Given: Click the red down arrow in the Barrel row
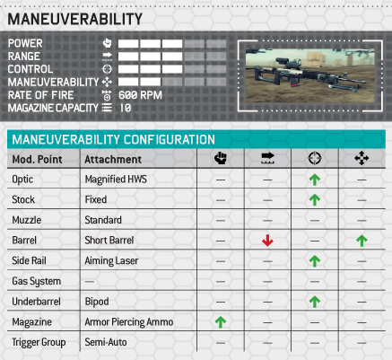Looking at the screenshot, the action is click(x=267, y=241).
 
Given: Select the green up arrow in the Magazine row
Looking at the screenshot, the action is click(x=221, y=322).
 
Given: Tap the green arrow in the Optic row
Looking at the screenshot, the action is click(x=315, y=180).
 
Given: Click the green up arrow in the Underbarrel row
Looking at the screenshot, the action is click(x=315, y=302).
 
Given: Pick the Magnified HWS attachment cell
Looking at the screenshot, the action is click(x=116, y=180).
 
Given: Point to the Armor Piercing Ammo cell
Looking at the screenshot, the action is click(x=129, y=322).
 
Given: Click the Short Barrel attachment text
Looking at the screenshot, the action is click(x=109, y=241).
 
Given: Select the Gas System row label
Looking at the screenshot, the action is click(x=36, y=281).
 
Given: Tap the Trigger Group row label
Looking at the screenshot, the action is click(x=39, y=342).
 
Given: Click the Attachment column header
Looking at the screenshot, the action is click(x=113, y=159).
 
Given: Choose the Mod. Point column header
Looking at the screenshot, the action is click(x=37, y=159).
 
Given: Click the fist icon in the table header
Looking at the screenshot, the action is click(x=221, y=158).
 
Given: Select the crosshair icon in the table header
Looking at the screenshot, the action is click(x=315, y=158).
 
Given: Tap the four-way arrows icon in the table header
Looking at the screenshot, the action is click(x=362, y=158).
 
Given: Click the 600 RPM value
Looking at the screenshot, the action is click(x=140, y=95).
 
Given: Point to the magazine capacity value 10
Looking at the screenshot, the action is click(x=126, y=108).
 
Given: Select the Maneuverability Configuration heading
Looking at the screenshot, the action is click(x=113, y=139).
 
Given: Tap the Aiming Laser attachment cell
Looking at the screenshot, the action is click(x=111, y=260).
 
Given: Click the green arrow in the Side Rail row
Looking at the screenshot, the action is click(x=315, y=261).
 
